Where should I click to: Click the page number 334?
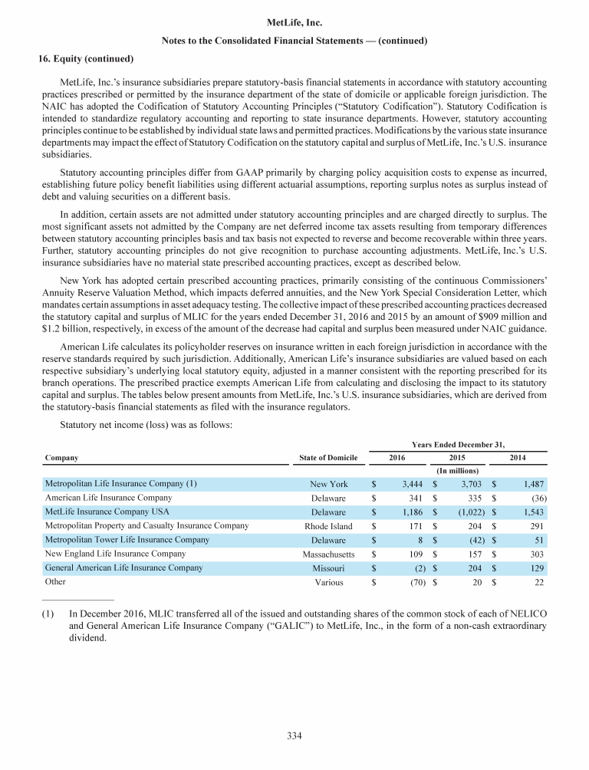(294, 737)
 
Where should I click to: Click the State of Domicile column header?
(328, 458)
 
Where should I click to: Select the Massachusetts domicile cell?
(328, 554)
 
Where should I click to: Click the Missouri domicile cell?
(328, 568)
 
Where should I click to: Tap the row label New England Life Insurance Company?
(115, 554)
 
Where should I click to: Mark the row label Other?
(56, 582)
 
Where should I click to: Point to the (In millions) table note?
(458, 470)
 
